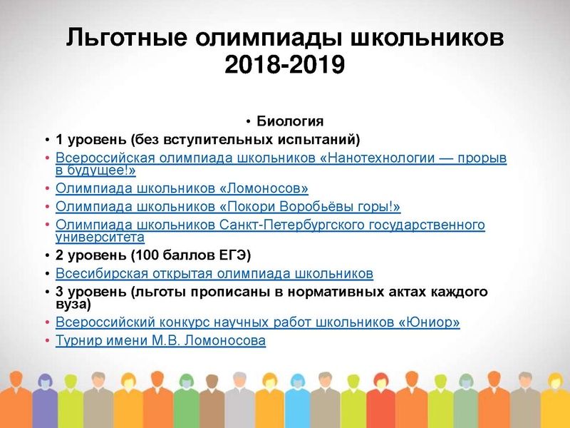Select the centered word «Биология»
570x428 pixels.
pyautogui.click(x=290, y=121)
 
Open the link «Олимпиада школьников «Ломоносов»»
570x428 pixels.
pyautogui.click(x=182, y=189)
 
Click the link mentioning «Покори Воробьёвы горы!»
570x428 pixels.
pyautogui.click(x=228, y=207)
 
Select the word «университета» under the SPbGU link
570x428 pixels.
pyautogui.click(x=100, y=237)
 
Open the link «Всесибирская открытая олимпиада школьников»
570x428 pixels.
pyautogui.click(x=214, y=273)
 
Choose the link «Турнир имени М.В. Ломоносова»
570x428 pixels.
pyautogui.click(x=160, y=341)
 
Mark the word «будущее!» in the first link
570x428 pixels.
pyautogui.click(x=103, y=171)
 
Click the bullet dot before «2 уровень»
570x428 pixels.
pyautogui.click(x=46, y=255)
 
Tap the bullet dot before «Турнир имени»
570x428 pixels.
pyautogui.click(x=46, y=341)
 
